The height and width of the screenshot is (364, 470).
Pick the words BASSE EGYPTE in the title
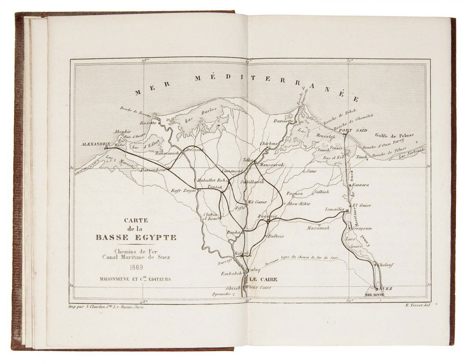coord(136,238)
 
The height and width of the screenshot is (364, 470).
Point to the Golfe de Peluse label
coord(394,136)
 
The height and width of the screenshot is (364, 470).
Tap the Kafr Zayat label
coord(183,190)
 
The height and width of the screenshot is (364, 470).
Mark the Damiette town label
coord(283,121)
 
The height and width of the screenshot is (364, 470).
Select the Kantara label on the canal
coord(361,185)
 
